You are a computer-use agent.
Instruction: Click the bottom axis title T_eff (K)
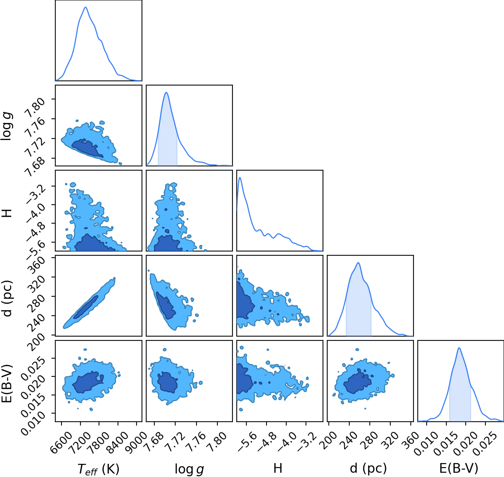99,469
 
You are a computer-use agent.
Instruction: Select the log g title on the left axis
7,126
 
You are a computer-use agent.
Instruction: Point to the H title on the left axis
7,213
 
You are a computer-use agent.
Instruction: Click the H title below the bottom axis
278,468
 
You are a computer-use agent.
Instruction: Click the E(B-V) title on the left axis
7,383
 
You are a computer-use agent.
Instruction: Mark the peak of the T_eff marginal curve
85,7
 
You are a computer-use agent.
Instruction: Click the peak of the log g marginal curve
166,92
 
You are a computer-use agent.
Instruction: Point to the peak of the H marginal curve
240,178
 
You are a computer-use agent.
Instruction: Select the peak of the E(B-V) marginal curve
459,348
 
